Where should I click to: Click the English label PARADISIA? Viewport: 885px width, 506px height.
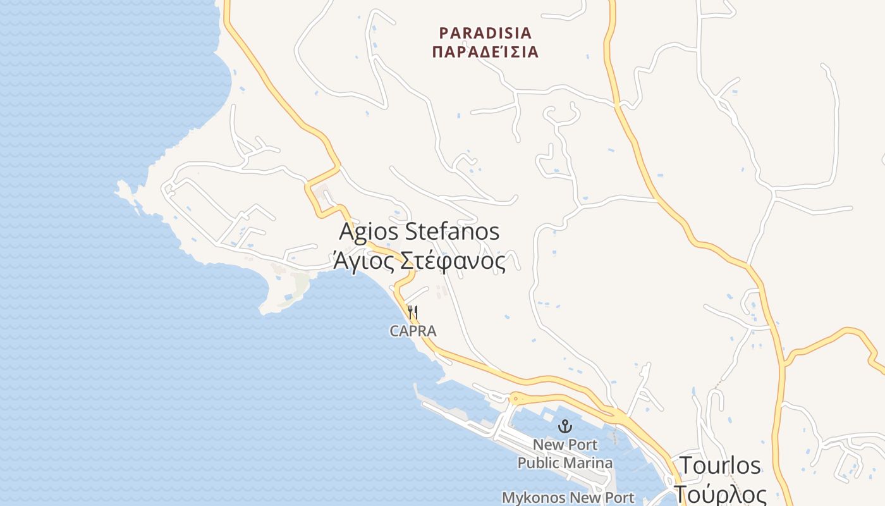(485, 33)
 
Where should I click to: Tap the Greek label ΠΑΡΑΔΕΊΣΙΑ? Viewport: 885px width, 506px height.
(485, 52)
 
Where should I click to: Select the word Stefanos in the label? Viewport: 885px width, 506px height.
(451, 231)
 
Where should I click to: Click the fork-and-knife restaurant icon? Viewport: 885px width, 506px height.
(413, 312)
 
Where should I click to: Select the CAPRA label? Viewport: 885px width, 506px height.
(413, 331)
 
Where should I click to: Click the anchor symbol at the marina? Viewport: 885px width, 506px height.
(565, 426)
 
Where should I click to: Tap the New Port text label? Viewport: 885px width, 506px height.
(565, 445)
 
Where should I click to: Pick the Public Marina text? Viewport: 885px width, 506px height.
(565, 463)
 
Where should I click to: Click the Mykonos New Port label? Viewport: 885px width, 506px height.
(568, 498)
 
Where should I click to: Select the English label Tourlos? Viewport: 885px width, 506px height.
(720, 466)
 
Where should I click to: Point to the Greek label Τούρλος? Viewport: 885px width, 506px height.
(720, 493)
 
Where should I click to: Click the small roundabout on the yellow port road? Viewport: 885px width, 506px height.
(515, 398)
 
